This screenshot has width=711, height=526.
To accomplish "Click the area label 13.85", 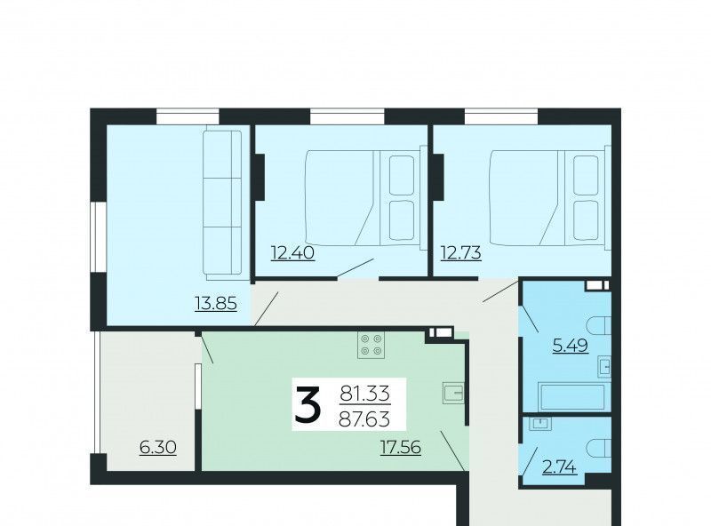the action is pos(216,303).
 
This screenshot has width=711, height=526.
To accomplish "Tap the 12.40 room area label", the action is pos(292,252).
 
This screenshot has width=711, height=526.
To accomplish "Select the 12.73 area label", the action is pos(460,252).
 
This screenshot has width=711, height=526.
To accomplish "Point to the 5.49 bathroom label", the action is pos(570,346).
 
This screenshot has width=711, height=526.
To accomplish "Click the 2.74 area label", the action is pos(560,466).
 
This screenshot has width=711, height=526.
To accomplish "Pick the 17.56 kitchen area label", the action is pos(401,448).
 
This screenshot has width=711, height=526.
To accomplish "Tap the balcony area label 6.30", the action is pos(158,448).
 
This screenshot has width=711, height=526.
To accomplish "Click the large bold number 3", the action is pos(308,404).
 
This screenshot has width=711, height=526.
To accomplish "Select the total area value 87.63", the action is pos(364,419).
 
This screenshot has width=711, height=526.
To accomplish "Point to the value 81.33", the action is pos(365,393).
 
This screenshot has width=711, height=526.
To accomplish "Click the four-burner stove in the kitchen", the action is pos(371,345).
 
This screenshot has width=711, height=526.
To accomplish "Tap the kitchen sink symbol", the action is pos(453,393).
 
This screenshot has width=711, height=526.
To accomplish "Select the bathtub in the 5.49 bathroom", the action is pos(573,398).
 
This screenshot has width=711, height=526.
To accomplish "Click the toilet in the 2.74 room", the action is pos(598,448).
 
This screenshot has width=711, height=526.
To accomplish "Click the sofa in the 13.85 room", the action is pos(222,205).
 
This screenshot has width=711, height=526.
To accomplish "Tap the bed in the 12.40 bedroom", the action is pos(366,198).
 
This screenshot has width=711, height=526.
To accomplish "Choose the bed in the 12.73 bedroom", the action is pos(550,198).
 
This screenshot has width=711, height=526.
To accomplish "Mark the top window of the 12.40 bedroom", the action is pos(348,116).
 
